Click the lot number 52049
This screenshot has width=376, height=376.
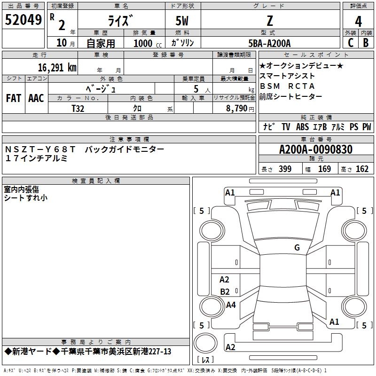click(x=23, y=20)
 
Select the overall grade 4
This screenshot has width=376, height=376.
click(x=358, y=22)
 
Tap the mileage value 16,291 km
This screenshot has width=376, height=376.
click(x=57, y=68)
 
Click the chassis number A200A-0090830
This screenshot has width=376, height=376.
click(x=316, y=149)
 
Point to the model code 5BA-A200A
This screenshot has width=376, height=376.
click(x=269, y=43)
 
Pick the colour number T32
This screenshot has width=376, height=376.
click(x=78, y=109)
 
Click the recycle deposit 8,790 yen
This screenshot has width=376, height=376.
click(x=240, y=109)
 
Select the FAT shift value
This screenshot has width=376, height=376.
click(x=14, y=98)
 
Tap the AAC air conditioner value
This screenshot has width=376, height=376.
click(x=36, y=98)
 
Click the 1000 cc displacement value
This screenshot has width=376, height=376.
click(x=148, y=43)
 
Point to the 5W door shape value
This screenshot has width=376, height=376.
click(x=182, y=21)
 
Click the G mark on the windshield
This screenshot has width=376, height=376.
click(x=297, y=248)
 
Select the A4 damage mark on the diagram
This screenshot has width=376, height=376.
click(x=231, y=305)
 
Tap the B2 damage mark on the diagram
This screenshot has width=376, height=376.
click(x=225, y=291)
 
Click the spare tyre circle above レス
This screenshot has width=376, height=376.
click(x=205, y=343)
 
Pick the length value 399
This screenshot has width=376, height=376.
click(x=285, y=169)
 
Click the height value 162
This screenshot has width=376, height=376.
click(x=362, y=169)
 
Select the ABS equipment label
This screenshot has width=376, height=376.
click(x=302, y=126)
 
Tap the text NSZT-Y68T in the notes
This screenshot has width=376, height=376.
click(x=40, y=149)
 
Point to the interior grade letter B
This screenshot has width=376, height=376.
click(x=366, y=43)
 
